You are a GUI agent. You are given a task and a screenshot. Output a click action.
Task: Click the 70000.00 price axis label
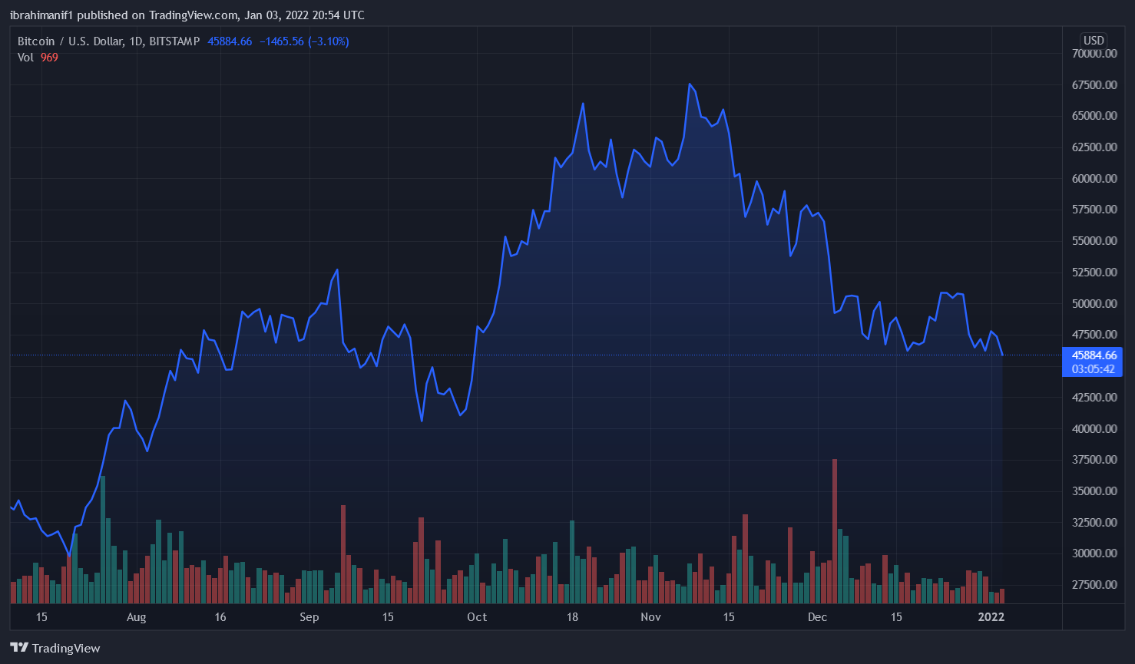tap(1094, 54)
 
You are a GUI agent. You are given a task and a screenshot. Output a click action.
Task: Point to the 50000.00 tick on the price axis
tap(1094, 304)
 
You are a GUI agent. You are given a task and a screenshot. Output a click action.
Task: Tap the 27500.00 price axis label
tap(1094, 585)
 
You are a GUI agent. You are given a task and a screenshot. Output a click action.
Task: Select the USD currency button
tap(1094, 41)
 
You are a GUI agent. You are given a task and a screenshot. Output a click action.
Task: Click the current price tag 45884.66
tap(1094, 355)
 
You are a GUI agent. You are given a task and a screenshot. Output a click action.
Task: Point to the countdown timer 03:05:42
tap(1094, 369)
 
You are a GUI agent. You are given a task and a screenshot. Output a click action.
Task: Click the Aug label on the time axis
tap(136, 617)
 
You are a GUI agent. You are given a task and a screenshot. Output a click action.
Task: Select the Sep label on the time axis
tap(309, 617)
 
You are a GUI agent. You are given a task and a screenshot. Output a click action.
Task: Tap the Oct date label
tap(477, 617)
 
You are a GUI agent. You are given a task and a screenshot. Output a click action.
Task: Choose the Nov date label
tap(650, 617)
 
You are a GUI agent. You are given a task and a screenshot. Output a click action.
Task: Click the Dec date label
tap(817, 617)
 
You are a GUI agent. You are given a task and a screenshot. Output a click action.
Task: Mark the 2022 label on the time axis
tap(991, 617)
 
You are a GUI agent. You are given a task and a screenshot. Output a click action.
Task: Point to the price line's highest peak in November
tap(690, 84)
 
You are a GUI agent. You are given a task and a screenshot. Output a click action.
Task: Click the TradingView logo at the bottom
tap(55, 648)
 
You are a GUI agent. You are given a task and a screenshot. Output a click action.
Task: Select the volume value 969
tap(49, 58)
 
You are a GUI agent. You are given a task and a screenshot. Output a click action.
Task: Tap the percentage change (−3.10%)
tap(329, 41)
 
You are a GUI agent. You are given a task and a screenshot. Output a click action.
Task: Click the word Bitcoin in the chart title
tap(36, 41)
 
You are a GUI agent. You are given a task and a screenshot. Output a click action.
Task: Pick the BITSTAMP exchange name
tap(174, 41)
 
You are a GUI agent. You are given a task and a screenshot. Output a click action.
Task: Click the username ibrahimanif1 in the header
tap(41, 15)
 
